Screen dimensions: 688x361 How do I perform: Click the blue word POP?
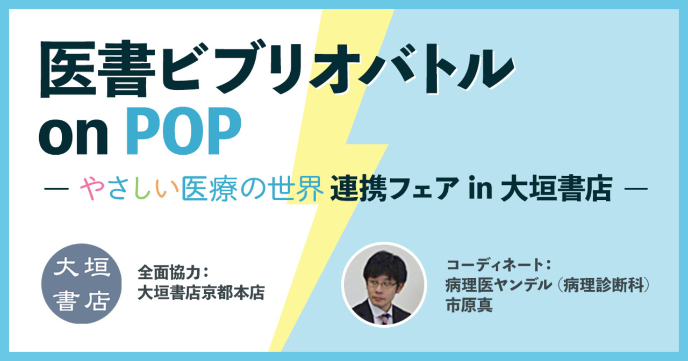coord(184,131)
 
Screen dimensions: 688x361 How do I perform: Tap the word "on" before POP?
coord(74,136)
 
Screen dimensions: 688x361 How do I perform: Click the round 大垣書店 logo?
coord(81,284)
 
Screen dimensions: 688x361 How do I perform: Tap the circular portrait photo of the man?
coord(384,285)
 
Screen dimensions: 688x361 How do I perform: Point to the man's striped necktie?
coord(384,319)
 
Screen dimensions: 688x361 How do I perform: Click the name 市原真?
coord(469,305)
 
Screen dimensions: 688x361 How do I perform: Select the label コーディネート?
coord(498,265)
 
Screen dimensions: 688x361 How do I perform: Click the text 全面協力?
coord(173,272)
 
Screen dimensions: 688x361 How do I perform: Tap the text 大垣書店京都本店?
coord(201,292)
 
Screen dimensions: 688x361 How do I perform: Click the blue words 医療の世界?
coord(253,189)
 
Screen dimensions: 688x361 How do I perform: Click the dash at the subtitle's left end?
coord(56,189)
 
